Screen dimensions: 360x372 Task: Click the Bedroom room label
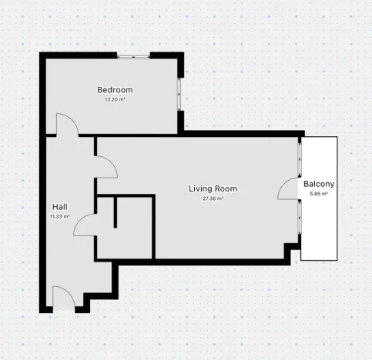[114, 89]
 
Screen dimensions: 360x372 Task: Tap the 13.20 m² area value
[114, 99]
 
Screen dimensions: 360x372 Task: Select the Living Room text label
[213, 188]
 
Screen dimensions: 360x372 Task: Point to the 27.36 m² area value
[213, 198]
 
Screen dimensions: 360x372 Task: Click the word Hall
[59, 207]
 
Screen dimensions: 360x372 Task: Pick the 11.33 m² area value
[59, 217]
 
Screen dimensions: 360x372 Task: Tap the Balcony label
[319, 185]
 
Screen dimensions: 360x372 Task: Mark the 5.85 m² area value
[319, 195]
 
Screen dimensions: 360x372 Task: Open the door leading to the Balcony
[291, 189]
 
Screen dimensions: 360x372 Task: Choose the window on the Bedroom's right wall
[181, 92]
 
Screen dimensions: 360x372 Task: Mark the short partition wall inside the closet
[115, 212]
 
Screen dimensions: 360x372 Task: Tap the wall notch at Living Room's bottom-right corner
[290, 252]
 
